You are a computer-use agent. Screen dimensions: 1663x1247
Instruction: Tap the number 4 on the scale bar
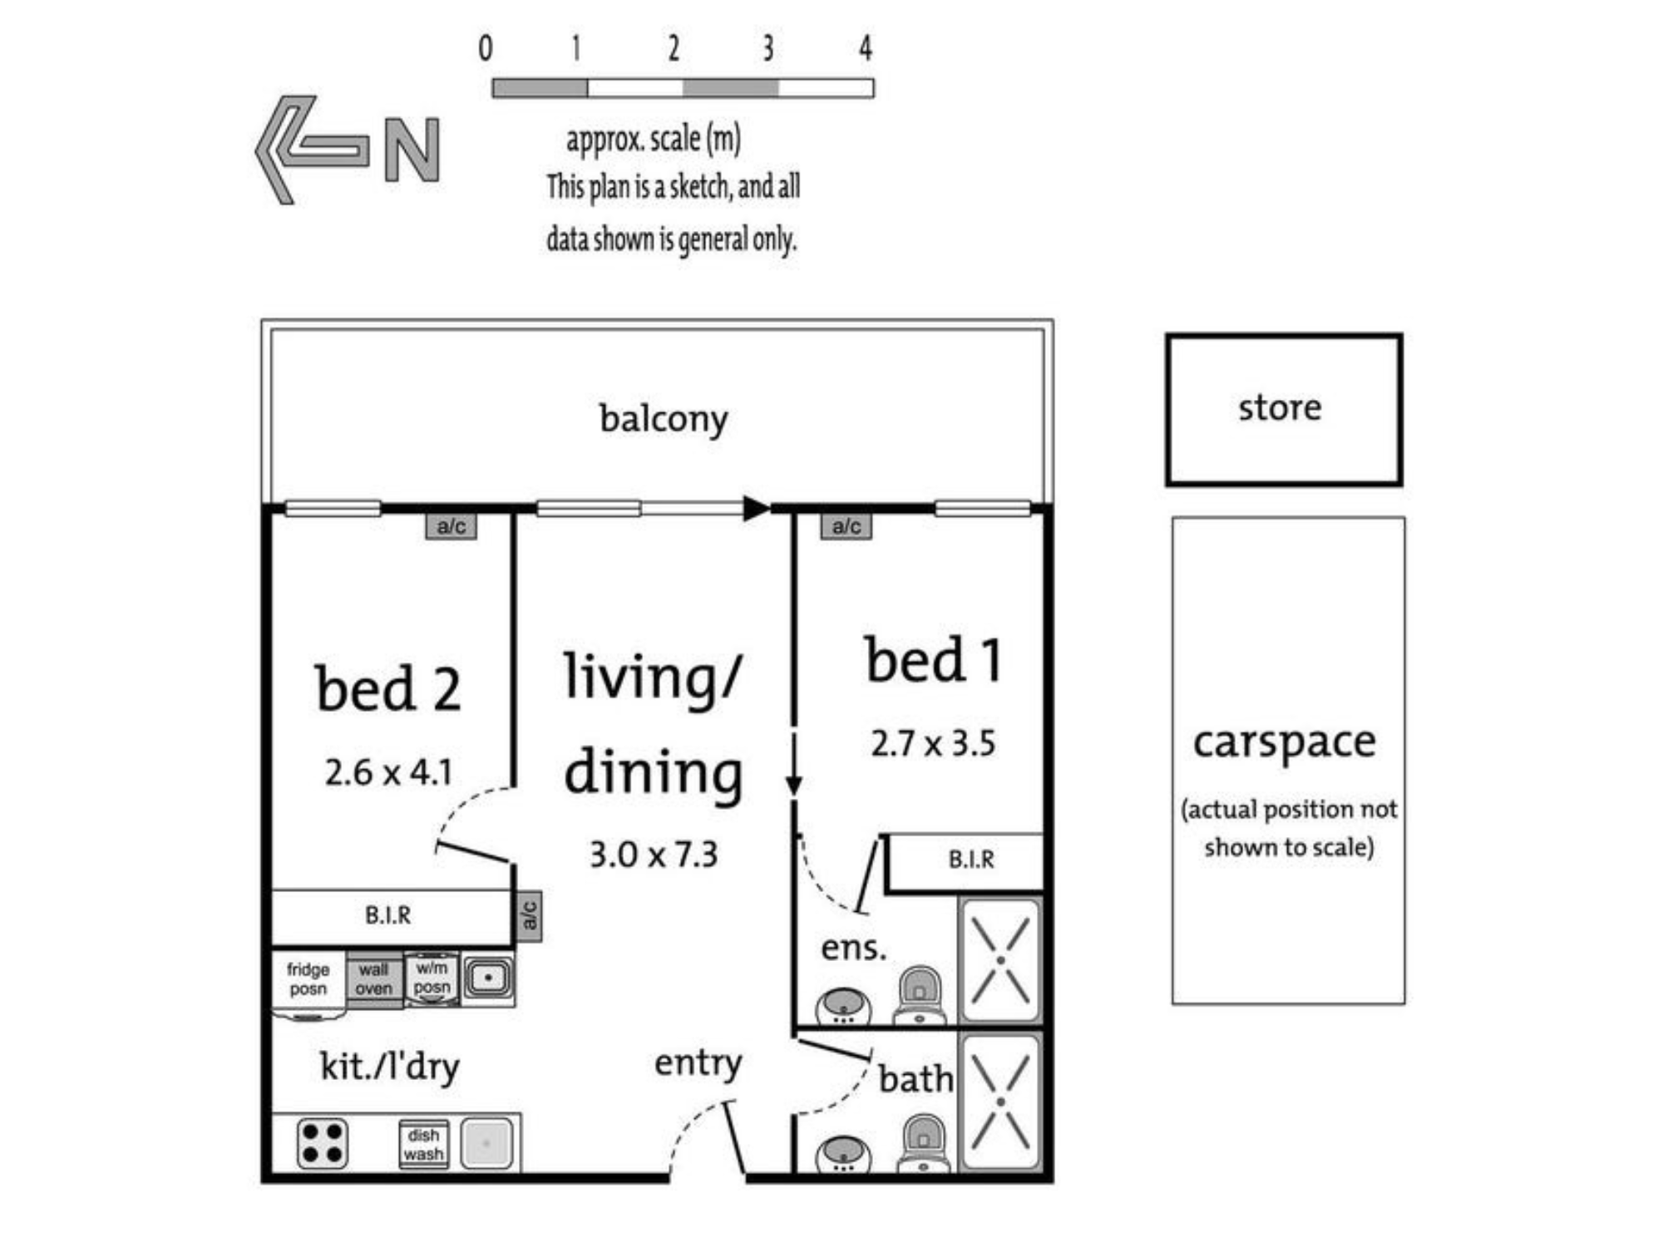coord(866,48)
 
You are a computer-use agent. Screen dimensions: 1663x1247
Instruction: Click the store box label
coord(1280,407)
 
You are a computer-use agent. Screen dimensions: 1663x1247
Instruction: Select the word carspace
coord(1285,742)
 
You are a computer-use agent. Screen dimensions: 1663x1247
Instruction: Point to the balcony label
coord(664,419)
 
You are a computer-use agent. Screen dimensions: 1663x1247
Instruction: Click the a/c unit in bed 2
coord(452,526)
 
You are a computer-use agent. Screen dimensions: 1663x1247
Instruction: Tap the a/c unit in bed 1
coord(846,526)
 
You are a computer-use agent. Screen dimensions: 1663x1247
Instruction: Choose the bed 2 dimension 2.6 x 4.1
coord(388,773)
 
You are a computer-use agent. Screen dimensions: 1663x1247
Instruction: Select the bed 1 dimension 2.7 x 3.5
coord(933,743)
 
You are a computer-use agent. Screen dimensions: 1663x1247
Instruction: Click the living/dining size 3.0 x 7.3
coord(654,855)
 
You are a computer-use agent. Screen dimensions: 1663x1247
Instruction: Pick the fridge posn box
coord(308,983)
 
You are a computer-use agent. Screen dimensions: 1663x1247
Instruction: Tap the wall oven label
coord(374,979)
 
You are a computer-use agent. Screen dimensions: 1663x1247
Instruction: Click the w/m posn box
coord(432,978)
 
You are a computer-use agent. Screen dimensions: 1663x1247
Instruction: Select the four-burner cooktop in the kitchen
coord(323,1143)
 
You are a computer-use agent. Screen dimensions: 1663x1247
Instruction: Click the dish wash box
coord(423,1144)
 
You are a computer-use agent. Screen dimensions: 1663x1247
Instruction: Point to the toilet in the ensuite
coord(919,994)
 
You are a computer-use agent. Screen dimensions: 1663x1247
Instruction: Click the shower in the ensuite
coord(1000,960)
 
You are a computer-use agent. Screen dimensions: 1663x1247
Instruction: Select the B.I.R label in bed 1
coord(971,859)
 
